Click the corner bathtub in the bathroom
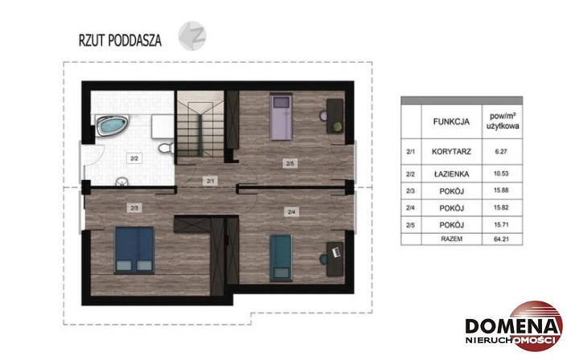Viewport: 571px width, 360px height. click(x=112, y=125)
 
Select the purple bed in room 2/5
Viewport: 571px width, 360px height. click(x=281, y=117)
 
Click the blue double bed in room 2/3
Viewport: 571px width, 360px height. click(x=134, y=250)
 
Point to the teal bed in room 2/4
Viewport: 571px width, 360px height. click(x=281, y=258)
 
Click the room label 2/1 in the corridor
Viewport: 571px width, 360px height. click(x=211, y=181)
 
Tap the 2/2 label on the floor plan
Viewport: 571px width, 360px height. click(x=134, y=159)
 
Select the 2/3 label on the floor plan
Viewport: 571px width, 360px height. click(x=134, y=208)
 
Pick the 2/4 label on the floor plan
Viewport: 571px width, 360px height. click(x=291, y=212)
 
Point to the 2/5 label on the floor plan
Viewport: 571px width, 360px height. click(x=290, y=164)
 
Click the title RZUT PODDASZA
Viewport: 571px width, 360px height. click(x=120, y=40)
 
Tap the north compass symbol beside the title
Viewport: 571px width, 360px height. click(x=192, y=35)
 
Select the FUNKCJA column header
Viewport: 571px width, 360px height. click(x=451, y=121)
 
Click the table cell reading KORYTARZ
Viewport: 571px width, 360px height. click(x=451, y=151)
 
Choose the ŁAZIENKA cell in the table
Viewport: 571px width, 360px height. click(x=451, y=174)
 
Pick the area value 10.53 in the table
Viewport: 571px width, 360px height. click(x=501, y=174)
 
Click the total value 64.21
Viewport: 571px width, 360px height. click(x=501, y=239)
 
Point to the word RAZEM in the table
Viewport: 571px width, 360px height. click(x=451, y=239)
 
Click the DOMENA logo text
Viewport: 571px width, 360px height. click(x=512, y=326)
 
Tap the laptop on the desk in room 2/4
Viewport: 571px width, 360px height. click(x=335, y=252)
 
